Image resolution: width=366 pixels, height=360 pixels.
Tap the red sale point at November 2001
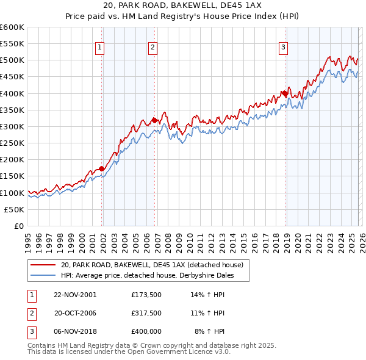(102, 168)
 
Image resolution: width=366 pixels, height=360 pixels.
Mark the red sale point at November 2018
(284, 93)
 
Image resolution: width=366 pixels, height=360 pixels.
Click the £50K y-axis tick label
(14, 209)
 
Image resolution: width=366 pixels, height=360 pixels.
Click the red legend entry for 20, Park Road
(152, 265)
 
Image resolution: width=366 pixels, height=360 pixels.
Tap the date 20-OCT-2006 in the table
(75, 313)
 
